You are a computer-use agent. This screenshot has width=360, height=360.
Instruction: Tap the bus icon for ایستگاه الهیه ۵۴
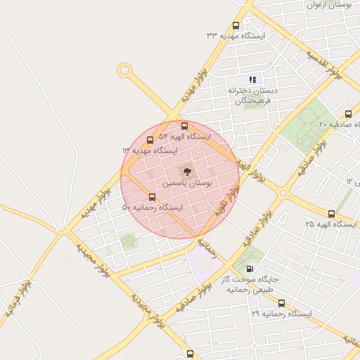(184, 127)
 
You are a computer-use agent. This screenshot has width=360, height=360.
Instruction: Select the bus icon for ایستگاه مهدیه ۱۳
(150, 141)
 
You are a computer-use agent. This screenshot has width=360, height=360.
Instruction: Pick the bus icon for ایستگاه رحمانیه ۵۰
(153, 197)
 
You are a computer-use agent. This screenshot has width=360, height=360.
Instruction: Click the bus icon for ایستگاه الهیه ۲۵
(332, 213)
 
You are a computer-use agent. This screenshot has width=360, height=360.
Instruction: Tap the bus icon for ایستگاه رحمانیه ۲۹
(282, 303)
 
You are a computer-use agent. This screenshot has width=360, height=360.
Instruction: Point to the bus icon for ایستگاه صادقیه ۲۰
(348, 114)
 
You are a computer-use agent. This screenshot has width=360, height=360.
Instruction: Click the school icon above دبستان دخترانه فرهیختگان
(252, 79)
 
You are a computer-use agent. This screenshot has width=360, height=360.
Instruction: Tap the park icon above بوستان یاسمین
(186, 170)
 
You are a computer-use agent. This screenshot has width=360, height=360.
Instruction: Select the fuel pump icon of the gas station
(250, 269)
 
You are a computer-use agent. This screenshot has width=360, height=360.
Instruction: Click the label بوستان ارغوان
(329, 5)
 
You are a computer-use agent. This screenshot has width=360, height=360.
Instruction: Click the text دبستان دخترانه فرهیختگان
(252, 96)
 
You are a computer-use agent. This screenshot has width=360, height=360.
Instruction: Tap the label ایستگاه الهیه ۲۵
(330, 224)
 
